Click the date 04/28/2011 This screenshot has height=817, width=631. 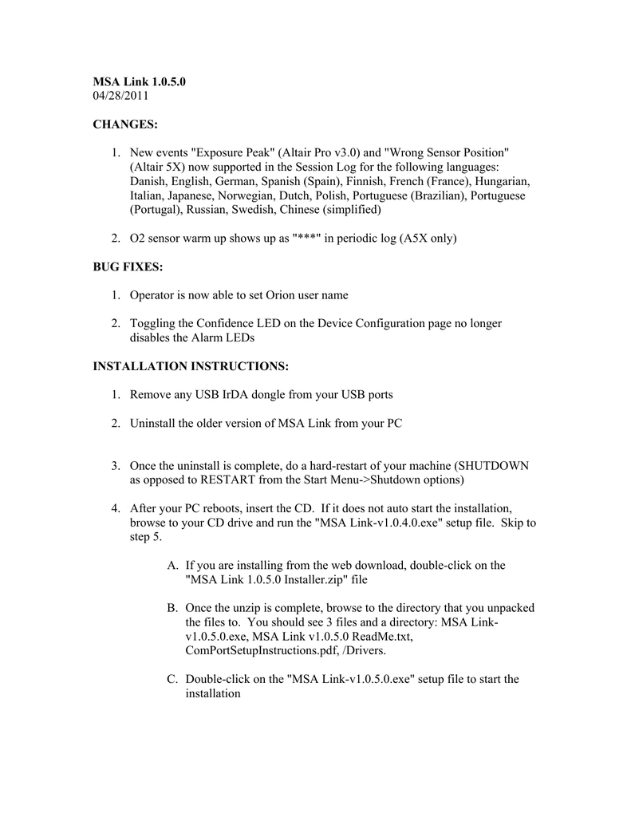pos(120,97)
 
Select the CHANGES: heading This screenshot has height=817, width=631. pos(125,124)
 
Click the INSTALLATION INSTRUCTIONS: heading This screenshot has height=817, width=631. pos(191,366)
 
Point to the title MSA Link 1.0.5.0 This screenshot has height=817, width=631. pos(140,81)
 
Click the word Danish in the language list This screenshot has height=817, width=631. pos(148,181)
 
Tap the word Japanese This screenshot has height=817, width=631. pos(191,195)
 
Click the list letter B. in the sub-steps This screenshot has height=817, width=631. pos(172,608)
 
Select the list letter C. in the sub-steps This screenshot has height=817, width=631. pos(172,680)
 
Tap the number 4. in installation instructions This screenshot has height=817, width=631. pos(116,508)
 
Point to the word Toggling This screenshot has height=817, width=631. pos(156,323)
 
